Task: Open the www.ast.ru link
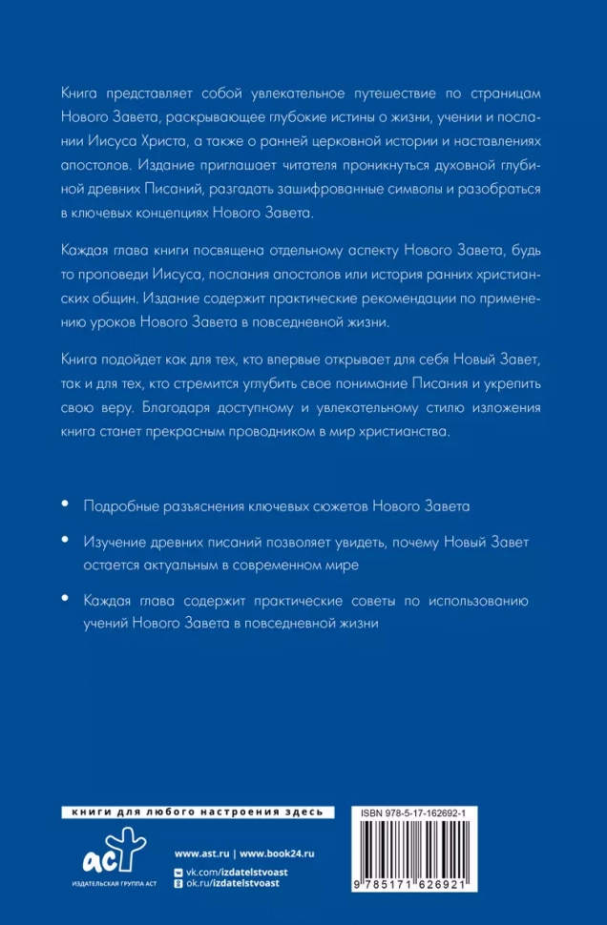tap(203, 852)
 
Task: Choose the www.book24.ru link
tap(279, 852)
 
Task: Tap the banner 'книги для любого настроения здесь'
tap(198, 812)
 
